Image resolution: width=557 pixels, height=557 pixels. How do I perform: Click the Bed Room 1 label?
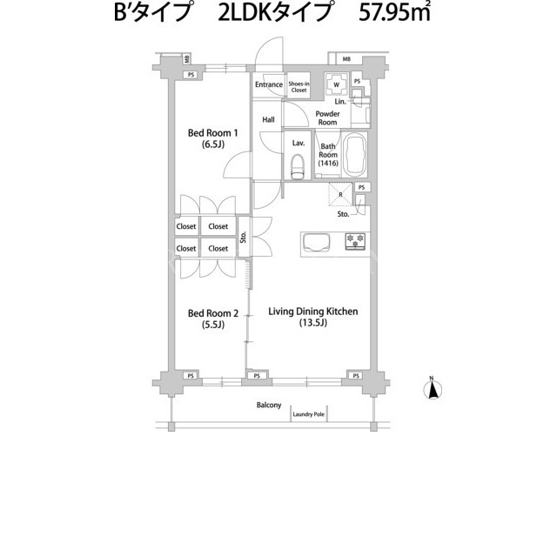click(x=212, y=138)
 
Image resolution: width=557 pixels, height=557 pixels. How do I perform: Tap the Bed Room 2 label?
click(x=212, y=319)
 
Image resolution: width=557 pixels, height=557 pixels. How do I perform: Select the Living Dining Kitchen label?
click(x=313, y=317)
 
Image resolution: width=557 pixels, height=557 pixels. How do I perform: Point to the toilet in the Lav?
click(x=298, y=166)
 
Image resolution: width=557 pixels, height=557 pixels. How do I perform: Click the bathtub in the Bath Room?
click(x=356, y=155)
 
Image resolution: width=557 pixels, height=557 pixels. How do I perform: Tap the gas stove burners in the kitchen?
click(x=355, y=241)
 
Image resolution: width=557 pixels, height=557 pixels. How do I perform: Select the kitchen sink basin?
click(x=317, y=243)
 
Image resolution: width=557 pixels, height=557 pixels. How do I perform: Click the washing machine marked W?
click(x=336, y=84)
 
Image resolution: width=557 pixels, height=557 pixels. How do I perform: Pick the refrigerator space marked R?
click(x=340, y=194)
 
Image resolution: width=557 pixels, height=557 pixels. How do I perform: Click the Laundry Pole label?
click(x=308, y=414)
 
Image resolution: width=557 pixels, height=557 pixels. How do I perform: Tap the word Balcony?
click(x=269, y=405)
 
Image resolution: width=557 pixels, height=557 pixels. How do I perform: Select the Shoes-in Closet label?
click(x=299, y=87)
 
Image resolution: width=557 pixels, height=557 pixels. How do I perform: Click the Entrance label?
click(x=269, y=84)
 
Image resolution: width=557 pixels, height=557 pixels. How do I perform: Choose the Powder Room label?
click(x=327, y=118)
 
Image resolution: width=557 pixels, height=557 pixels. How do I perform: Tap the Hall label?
click(x=268, y=120)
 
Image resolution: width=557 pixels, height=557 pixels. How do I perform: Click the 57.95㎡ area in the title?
click(x=394, y=13)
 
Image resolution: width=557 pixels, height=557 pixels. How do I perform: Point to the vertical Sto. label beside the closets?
click(x=244, y=237)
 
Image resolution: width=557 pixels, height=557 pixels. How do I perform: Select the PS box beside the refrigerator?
click(x=362, y=187)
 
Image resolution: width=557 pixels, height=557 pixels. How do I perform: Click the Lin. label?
click(x=340, y=102)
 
